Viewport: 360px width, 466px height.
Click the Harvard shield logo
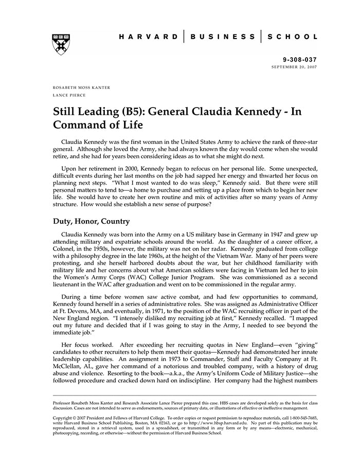tap(61, 45)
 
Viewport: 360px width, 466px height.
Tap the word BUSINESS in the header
tap(222, 37)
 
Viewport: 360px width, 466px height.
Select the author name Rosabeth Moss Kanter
tap(81, 88)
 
